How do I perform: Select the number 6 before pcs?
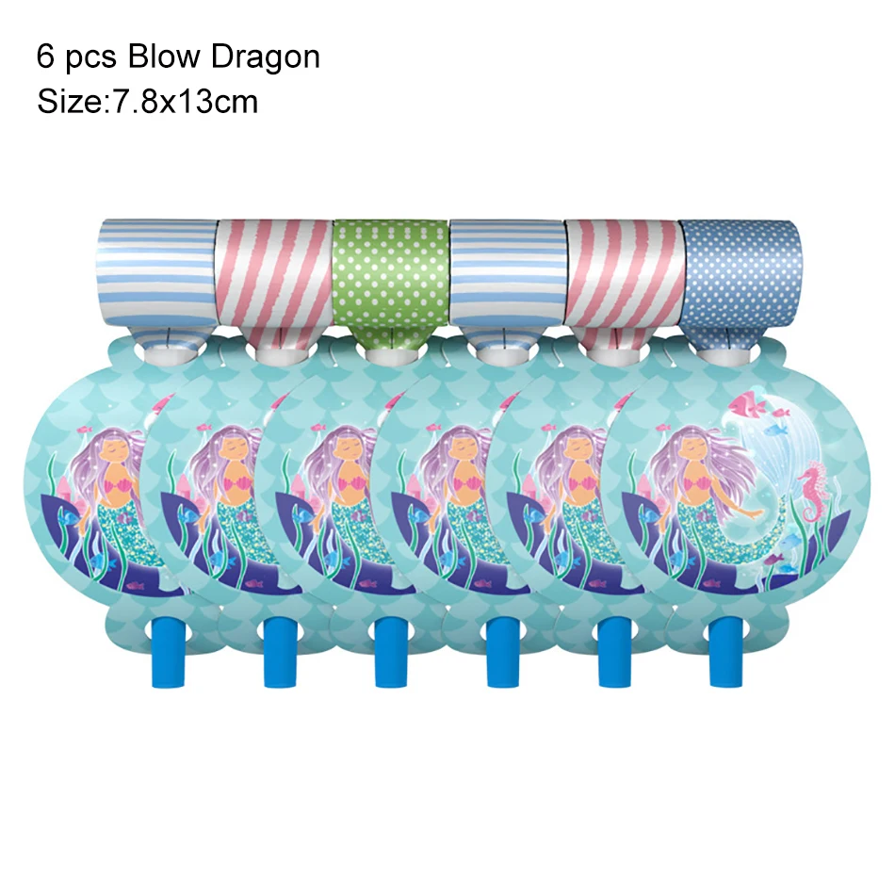pyautogui.click(x=45, y=57)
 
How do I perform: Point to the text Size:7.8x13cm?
pyautogui.click(x=147, y=100)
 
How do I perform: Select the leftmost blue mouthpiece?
pyautogui.click(x=165, y=651)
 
